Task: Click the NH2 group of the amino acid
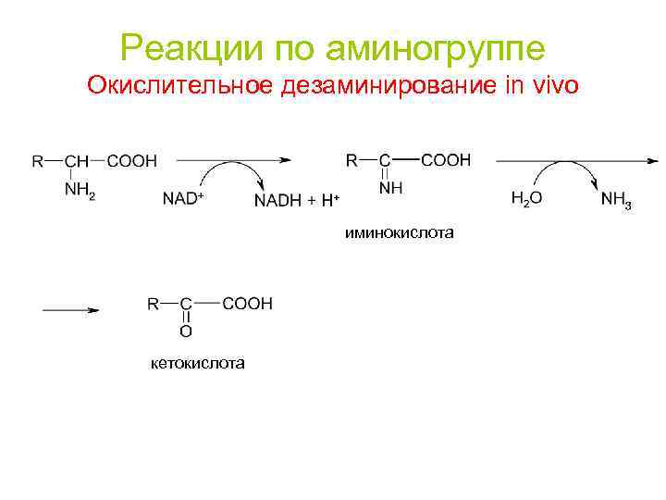point(80,191)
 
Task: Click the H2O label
point(526,199)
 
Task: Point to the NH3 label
point(616,199)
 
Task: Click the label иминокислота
point(399,233)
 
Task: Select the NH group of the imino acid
point(390,189)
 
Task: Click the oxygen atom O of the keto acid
point(186,331)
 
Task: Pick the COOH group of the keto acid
point(247,303)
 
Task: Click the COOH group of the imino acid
point(446,160)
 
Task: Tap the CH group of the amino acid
point(80,161)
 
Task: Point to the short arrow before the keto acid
point(69,312)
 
